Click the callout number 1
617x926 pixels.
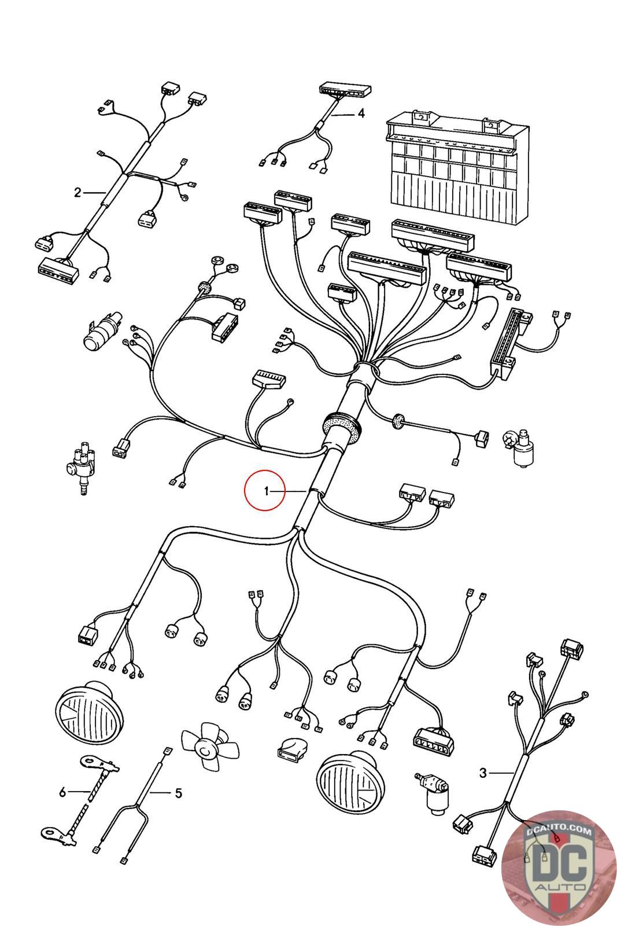click(x=267, y=491)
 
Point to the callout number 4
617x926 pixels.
click(x=361, y=113)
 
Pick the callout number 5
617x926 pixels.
click(x=178, y=793)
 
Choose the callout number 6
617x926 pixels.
click(x=63, y=791)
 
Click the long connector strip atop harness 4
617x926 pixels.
click(x=345, y=90)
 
